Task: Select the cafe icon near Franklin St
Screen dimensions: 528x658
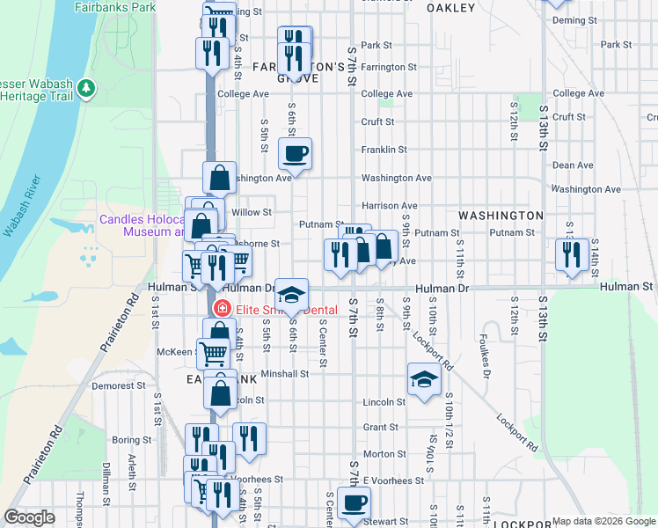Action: tap(295, 153)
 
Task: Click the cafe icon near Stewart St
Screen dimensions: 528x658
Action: tap(355, 502)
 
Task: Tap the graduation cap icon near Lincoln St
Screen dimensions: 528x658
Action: tap(424, 379)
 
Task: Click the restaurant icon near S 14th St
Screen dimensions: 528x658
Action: tap(573, 254)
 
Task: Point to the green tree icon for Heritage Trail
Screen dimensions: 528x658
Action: tap(85, 89)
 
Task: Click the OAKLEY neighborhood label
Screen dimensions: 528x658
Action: tap(450, 8)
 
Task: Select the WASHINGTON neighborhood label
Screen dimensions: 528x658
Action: tap(501, 216)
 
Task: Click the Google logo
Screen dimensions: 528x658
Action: tap(29, 517)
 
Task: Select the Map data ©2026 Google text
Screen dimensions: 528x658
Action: tap(603, 521)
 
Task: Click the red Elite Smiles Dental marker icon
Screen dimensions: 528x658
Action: tap(223, 309)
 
